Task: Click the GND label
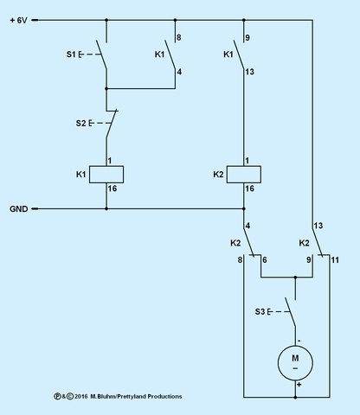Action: pos(19,209)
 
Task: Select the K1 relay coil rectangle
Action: pos(107,174)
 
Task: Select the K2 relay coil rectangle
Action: pos(245,174)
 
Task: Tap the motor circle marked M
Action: pos(295,361)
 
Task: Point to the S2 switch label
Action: pos(80,124)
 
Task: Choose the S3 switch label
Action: pos(260,310)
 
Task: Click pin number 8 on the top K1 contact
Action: pos(178,38)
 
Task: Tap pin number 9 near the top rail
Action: pos(247,38)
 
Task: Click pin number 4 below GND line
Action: pos(248,227)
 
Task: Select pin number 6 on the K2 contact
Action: pos(264,259)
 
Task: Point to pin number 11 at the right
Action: pos(335,259)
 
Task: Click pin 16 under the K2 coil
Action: pos(249,188)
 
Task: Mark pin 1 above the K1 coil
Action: pos(110,161)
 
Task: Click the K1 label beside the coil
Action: pos(80,175)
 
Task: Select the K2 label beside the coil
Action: pos(218,175)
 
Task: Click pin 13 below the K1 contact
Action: pos(249,73)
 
